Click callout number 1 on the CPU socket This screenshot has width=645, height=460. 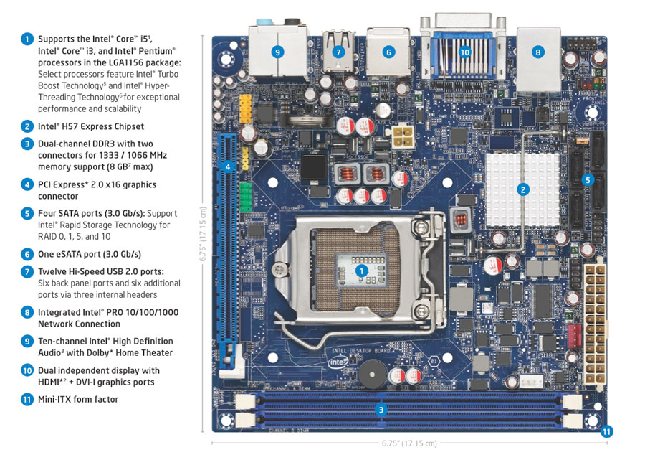[362, 271]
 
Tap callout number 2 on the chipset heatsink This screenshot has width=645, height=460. [523, 189]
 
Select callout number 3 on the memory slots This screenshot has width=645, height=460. [381, 410]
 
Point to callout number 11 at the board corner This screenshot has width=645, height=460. [607, 431]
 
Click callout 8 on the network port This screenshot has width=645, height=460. [537, 52]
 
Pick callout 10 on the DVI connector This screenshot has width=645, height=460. [465, 52]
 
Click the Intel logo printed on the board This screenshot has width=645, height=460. [338, 362]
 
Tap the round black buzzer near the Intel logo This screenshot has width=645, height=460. [373, 374]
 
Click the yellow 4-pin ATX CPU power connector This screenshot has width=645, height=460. [402, 136]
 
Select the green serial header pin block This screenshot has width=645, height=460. [245, 197]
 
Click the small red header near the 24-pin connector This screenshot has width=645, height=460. [574, 336]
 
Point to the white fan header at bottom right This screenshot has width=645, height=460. [531, 381]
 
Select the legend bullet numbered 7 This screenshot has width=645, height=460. [27, 272]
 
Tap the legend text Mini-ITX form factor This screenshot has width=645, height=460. [78, 400]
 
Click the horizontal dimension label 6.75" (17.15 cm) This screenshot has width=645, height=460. [409, 443]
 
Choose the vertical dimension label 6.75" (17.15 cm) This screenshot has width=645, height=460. [203, 233]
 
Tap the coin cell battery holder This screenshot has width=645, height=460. [310, 121]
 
